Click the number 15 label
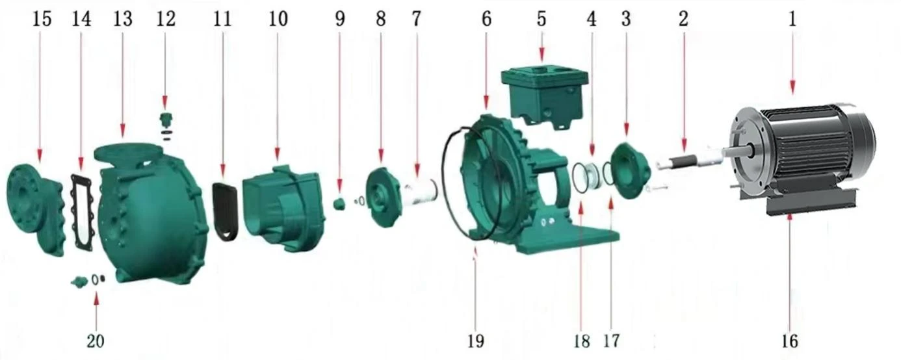coord(42,19)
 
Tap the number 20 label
coord(96,341)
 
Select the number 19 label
coord(475,341)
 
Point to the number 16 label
coord(790,341)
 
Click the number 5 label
coord(542,19)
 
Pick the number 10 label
coord(278,19)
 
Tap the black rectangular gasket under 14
coord(83,212)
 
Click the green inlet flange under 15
coord(35,209)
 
